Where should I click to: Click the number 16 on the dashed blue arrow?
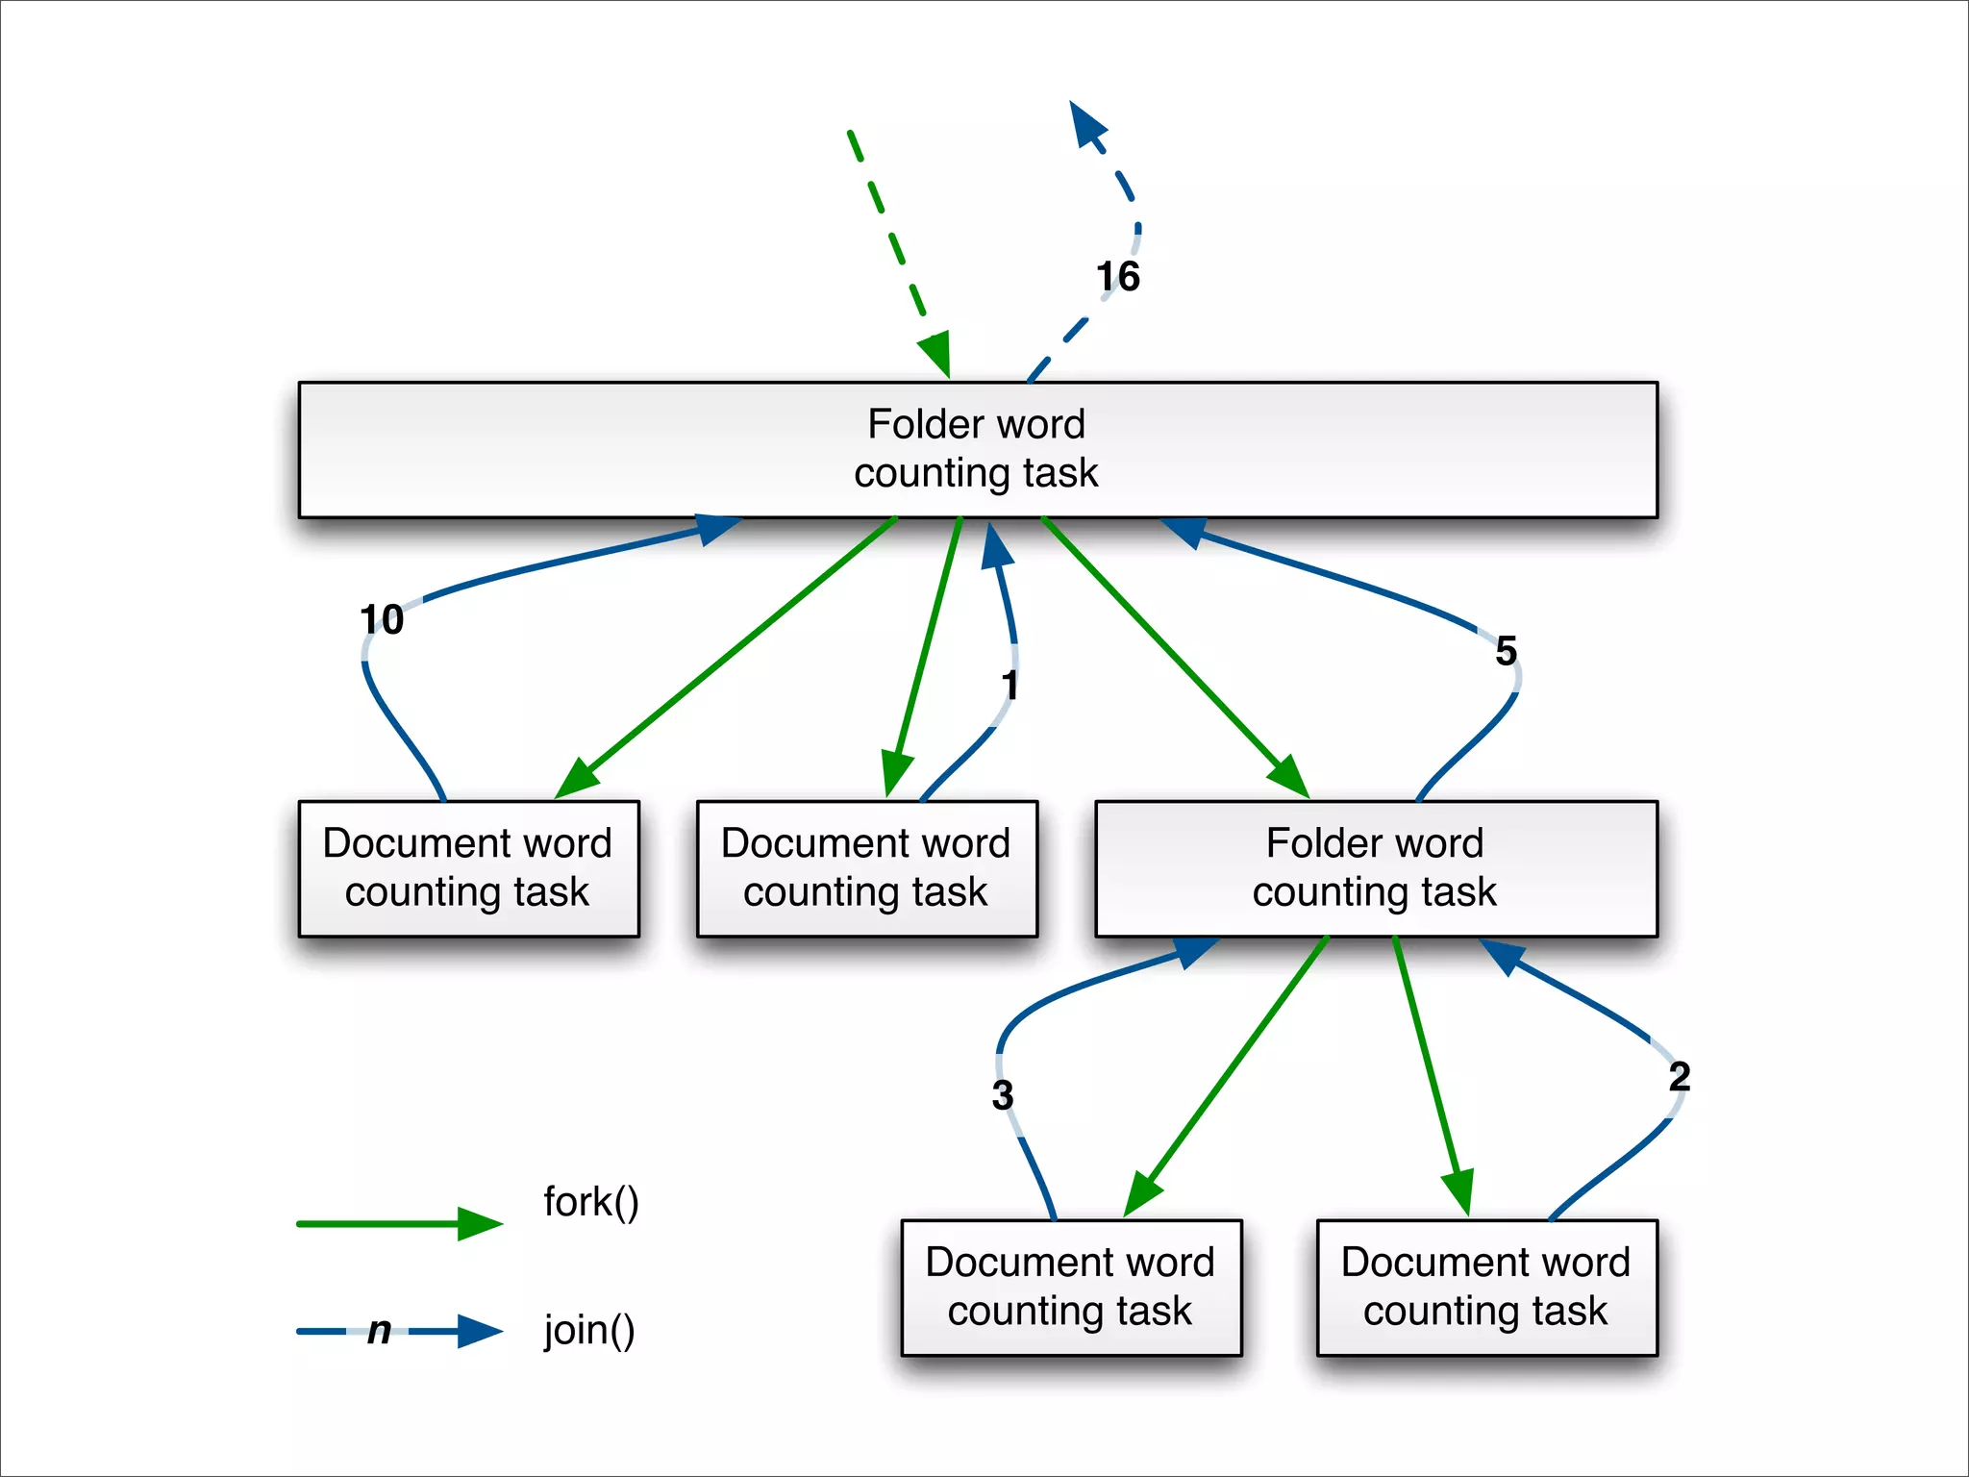point(1118,277)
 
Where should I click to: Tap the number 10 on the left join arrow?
point(382,619)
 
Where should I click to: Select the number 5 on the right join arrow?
point(1506,651)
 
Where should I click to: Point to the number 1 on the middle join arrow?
point(1009,686)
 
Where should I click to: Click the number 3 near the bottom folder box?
point(1002,1095)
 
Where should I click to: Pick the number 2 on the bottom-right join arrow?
point(1679,1076)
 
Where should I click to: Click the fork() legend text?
point(590,1203)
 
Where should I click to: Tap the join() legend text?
point(589,1331)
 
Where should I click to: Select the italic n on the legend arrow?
point(379,1331)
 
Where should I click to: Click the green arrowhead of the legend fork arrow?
point(480,1224)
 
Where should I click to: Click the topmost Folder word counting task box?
point(977,449)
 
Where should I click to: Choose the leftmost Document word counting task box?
point(468,868)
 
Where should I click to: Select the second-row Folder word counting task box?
point(1375,868)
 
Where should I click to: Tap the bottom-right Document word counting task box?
point(1485,1288)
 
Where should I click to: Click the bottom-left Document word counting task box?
point(1070,1288)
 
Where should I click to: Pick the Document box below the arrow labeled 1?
point(866,868)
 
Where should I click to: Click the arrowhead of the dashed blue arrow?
point(1087,124)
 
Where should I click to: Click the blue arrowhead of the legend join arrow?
point(480,1331)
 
